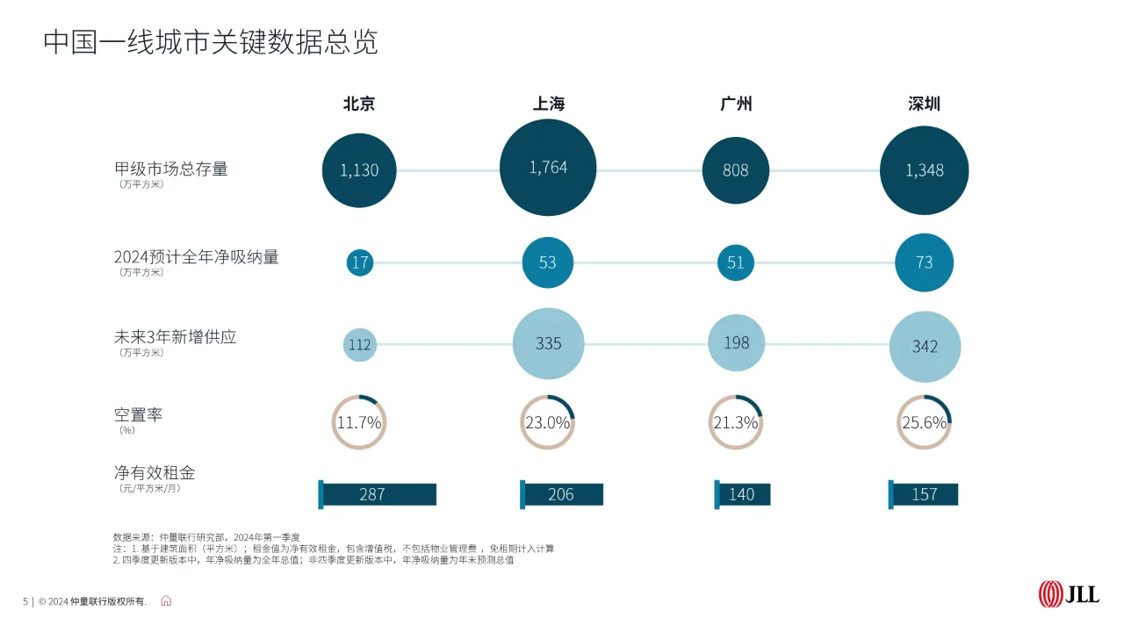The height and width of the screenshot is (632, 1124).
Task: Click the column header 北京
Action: [358, 104]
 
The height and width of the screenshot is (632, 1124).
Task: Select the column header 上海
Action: [548, 104]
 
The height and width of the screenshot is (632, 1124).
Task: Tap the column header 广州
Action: [736, 104]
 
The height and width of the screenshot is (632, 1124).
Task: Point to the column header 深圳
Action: [924, 104]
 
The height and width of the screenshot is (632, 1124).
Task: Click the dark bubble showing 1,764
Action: [548, 168]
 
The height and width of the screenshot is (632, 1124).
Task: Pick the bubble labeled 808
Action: [736, 170]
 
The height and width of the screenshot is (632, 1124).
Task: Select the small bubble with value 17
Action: [359, 262]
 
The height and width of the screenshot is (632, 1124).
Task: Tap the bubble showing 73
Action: [924, 262]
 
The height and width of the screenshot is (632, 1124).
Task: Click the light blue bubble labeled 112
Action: [359, 344]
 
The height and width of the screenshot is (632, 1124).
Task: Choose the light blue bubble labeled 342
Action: [925, 346]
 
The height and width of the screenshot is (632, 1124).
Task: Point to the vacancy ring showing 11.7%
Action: [359, 422]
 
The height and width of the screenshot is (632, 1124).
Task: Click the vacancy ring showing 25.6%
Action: [924, 422]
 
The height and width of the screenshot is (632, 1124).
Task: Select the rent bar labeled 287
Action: [378, 494]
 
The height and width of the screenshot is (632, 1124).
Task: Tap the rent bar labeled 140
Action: [742, 494]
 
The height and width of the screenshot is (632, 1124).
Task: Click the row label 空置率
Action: [138, 415]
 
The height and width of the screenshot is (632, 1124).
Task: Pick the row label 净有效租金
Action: [155, 473]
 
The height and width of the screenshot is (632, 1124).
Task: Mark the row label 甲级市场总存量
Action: [171, 169]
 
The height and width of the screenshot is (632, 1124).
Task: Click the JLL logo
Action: [1069, 594]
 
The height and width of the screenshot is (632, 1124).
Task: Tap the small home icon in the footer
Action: [166, 601]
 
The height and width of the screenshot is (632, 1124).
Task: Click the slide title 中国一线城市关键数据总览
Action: [211, 42]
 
